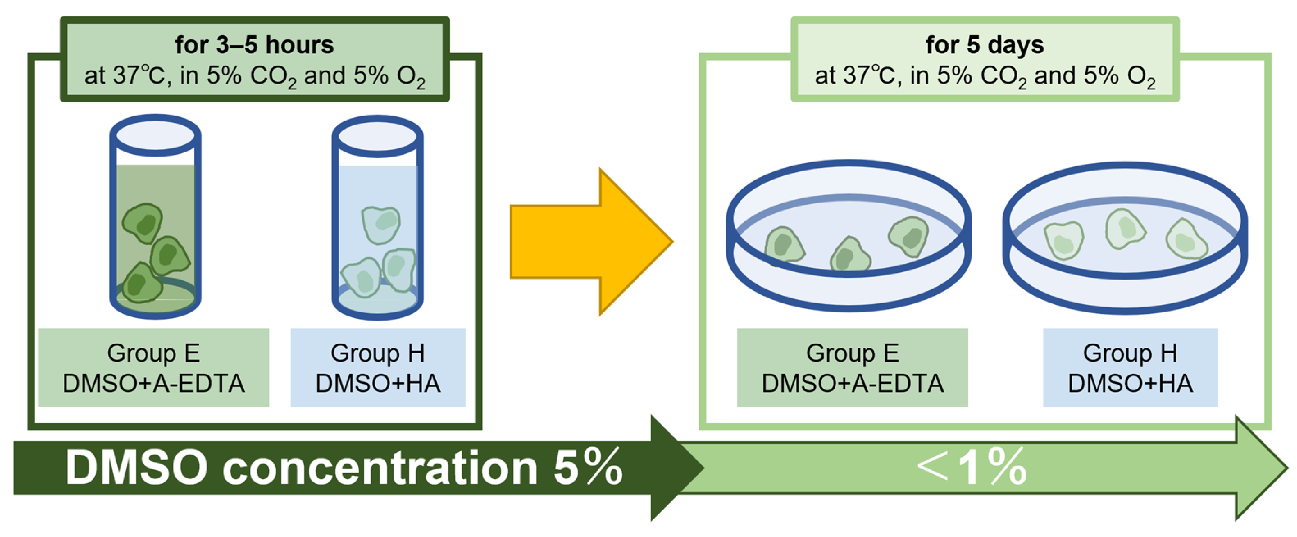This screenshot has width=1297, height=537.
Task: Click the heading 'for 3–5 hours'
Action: (254, 45)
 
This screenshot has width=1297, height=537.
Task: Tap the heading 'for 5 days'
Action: (984, 45)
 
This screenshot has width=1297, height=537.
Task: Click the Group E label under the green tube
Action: (154, 367)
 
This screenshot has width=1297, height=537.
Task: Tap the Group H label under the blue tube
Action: (378, 367)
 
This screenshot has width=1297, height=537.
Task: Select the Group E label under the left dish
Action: (852, 367)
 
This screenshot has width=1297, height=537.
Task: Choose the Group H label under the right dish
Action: (1130, 367)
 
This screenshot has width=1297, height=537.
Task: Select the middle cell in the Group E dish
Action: (850, 255)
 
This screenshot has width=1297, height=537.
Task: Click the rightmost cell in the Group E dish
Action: (909, 236)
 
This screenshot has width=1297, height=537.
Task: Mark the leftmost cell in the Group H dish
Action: (1063, 240)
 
